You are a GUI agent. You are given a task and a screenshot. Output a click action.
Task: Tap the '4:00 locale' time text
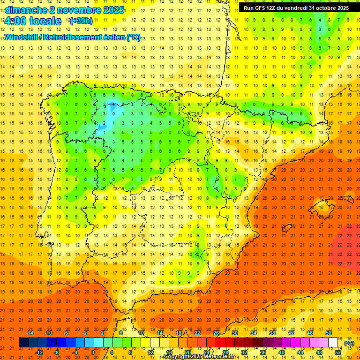[x=33, y=21]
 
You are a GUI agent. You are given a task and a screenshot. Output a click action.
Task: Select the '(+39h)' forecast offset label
[x=81, y=21]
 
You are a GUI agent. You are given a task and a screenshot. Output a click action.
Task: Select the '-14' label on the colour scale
[x=30, y=333]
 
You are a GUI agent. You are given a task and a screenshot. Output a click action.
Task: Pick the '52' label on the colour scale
[x=338, y=352]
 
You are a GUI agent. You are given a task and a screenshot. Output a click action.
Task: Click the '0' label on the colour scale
[x=93, y=352]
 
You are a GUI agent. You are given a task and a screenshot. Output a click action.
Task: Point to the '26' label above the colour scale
[x=216, y=333]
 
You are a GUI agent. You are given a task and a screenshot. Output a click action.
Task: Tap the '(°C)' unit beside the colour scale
[x=349, y=343]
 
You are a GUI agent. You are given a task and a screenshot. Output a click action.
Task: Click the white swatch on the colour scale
[x=333, y=343]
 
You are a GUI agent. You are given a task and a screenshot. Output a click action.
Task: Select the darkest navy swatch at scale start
[x=23, y=343]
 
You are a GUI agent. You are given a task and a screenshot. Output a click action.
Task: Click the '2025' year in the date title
[x=113, y=10]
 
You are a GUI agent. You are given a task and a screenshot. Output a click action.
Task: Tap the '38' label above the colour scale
[x=272, y=333]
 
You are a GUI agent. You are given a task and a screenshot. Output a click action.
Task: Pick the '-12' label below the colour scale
[x=39, y=352]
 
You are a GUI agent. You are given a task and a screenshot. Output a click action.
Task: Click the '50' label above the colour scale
[x=329, y=333]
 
